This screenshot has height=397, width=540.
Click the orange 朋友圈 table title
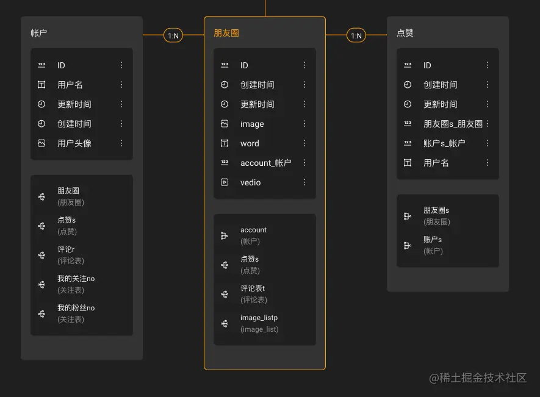[226, 33]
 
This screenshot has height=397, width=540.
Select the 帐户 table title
[38, 33]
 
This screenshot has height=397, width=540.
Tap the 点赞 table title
[405, 33]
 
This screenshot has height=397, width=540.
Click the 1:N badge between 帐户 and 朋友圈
[173, 36]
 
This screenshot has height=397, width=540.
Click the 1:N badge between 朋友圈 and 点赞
[356, 36]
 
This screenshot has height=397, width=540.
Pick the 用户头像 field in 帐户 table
[74, 143]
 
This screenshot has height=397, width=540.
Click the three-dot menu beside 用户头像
[121, 143]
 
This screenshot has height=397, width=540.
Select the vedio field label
[250, 182]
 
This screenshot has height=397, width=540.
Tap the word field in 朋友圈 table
[250, 143]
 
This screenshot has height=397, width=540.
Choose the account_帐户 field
[265, 163]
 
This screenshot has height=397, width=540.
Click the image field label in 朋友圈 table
[252, 124]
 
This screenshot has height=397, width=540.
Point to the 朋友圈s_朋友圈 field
[453, 124]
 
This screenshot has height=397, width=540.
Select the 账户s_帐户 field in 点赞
[444, 143]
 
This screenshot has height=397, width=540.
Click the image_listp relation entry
[259, 318]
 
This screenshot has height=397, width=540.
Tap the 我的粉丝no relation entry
[76, 308]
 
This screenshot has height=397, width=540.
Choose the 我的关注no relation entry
[76, 279]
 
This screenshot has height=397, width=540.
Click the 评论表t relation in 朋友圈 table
[253, 288]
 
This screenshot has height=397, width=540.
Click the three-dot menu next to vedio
[304, 182]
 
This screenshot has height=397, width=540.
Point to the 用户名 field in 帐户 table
[70, 85]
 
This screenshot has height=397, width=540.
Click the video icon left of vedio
[225, 182]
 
